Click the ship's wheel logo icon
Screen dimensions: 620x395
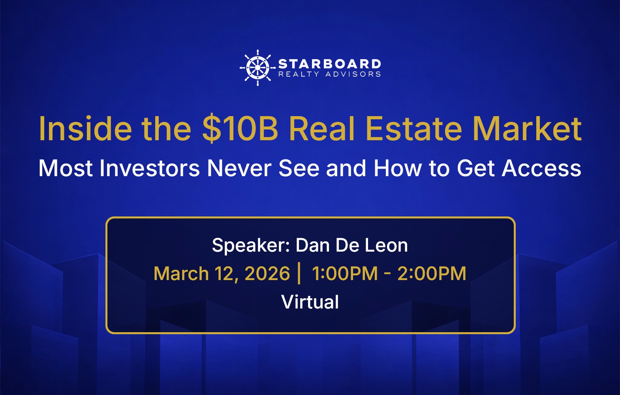(257, 68)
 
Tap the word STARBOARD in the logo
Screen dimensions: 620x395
(329, 64)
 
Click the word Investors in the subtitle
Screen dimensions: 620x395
(149, 168)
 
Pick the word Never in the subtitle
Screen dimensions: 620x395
(239, 168)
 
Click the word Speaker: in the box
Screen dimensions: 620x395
(251, 246)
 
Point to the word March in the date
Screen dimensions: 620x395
(181, 274)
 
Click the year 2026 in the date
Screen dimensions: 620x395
(267, 274)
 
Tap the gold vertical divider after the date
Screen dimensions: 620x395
(299, 273)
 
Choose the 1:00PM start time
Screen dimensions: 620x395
(345, 274)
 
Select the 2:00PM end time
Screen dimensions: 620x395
(432, 274)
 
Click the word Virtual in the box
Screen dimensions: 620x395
(310, 302)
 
